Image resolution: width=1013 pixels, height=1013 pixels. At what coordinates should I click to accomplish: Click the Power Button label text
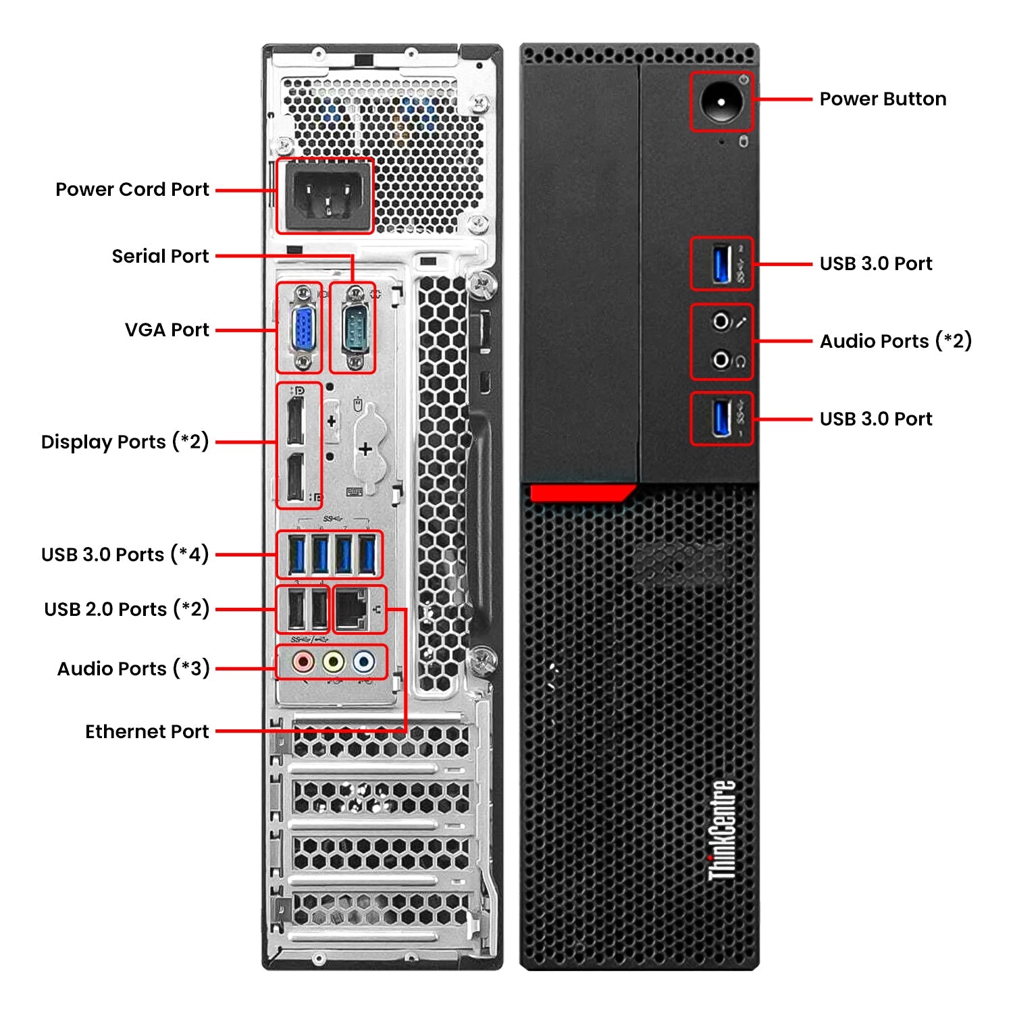(882, 99)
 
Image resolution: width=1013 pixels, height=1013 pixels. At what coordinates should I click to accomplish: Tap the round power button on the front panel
(721, 102)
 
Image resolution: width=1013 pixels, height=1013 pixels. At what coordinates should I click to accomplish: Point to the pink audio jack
(303, 662)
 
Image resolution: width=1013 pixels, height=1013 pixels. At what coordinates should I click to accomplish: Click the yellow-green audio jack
(333, 662)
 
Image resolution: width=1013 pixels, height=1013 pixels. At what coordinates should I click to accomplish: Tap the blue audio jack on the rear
(363, 662)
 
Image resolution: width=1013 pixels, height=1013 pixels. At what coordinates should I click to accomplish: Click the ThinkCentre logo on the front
(722, 831)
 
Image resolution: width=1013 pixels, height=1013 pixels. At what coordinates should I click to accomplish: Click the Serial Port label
(160, 257)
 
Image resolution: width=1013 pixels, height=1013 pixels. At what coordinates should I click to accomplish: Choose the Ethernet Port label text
(147, 731)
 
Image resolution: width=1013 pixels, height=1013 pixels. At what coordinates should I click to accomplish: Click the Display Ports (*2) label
(125, 442)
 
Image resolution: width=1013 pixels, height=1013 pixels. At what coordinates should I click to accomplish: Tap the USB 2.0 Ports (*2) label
(126, 609)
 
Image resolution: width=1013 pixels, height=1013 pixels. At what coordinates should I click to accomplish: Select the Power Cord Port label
(132, 190)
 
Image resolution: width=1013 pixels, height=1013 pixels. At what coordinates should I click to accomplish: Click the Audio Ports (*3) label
(133, 669)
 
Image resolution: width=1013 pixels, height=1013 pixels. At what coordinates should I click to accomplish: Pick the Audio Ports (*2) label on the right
(895, 341)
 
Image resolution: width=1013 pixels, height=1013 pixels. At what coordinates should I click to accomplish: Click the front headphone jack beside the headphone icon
(721, 360)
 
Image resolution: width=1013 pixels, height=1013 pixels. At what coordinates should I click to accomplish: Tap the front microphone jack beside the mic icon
(721, 321)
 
